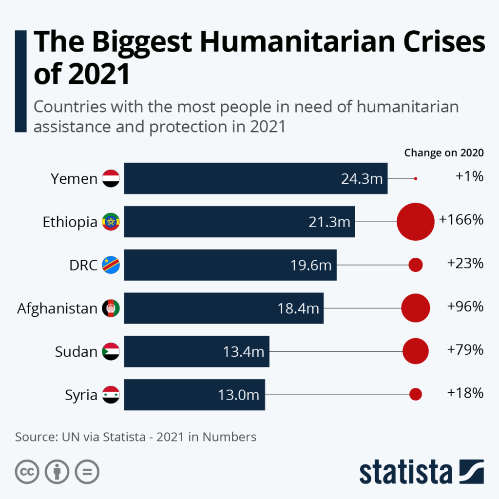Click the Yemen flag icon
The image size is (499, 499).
pyautogui.click(x=111, y=178)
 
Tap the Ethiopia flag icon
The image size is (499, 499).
pyautogui.click(x=111, y=222)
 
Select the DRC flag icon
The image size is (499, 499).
pyautogui.click(x=111, y=265)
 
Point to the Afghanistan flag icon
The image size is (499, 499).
pyautogui.click(x=111, y=308)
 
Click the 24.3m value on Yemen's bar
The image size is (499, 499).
pyautogui.click(x=362, y=179)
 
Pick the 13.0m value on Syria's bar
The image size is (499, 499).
pyautogui.click(x=238, y=395)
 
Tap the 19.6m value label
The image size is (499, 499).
pyautogui.click(x=311, y=265)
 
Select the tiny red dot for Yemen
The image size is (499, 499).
pyautogui.click(x=415, y=179)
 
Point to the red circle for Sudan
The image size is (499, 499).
pyautogui.click(x=416, y=351)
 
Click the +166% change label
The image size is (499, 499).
pyautogui.click(x=461, y=220)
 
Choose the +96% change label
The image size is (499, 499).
pyautogui.click(x=465, y=307)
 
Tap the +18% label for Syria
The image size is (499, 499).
pyautogui.click(x=465, y=393)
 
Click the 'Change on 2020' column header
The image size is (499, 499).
pyautogui.click(x=443, y=153)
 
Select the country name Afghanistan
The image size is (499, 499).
pyautogui.click(x=58, y=308)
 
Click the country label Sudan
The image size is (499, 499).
pyautogui.click(x=76, y=351)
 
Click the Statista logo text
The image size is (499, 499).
pyautogui.click(x=406, y=472)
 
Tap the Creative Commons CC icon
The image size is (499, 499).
pyautogui.click(x=27, y=472)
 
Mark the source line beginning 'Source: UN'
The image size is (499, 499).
pyautogui.click(x=135, y=437)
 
